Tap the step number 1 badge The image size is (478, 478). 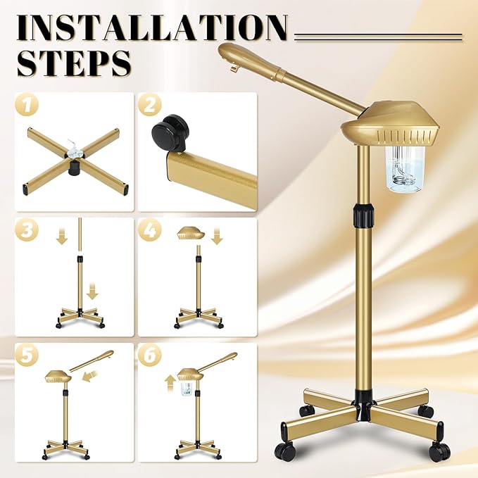coord(27,106)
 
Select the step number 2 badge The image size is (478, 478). coord(150,106)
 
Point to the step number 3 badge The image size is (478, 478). coord(27,230)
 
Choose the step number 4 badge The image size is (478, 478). coord(150,230)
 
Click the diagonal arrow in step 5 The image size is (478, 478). coord(89,379)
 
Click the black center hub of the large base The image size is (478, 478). coord(364,400)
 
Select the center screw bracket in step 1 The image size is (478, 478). coord(74,150)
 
